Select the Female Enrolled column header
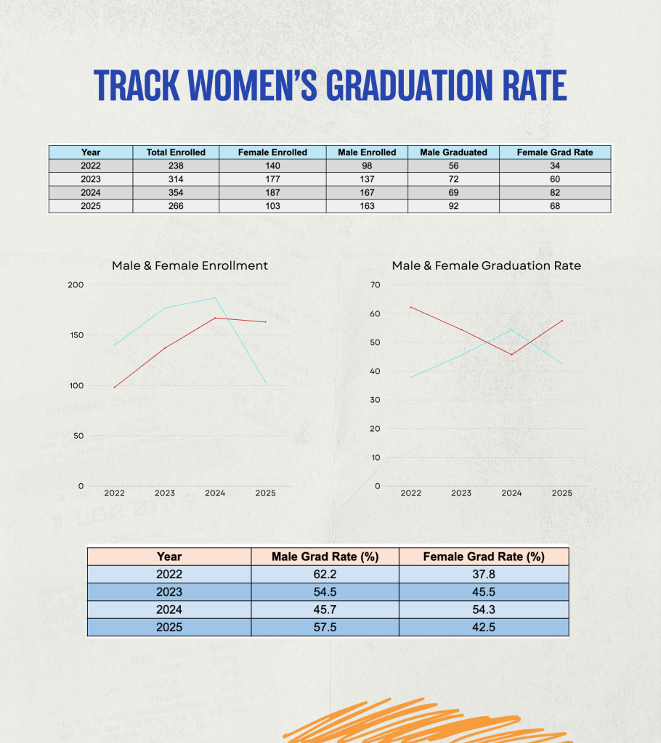click(x=272, y=152)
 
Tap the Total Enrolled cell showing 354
click(x=176, y=192)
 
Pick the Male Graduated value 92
click(x=453, y=206)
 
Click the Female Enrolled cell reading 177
click(x=272, y=179)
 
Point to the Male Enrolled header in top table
click(x=367, y=152)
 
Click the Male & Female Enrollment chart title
click(x=190, y=266)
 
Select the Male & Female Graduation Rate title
click(x=486, y=266)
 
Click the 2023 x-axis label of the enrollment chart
click(x=165, y=493)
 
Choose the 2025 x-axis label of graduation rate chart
click(x=561, y=493)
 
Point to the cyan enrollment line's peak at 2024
click(x=215, y=297)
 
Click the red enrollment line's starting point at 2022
click(x=115, y=387)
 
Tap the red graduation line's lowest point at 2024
click(x=511, y=354)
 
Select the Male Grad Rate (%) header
click(x=325, y=557)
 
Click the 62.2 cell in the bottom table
click(x=325, y=575)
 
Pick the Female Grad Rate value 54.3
click(x=483, y=609)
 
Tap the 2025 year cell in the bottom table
click(x=169, y=627)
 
